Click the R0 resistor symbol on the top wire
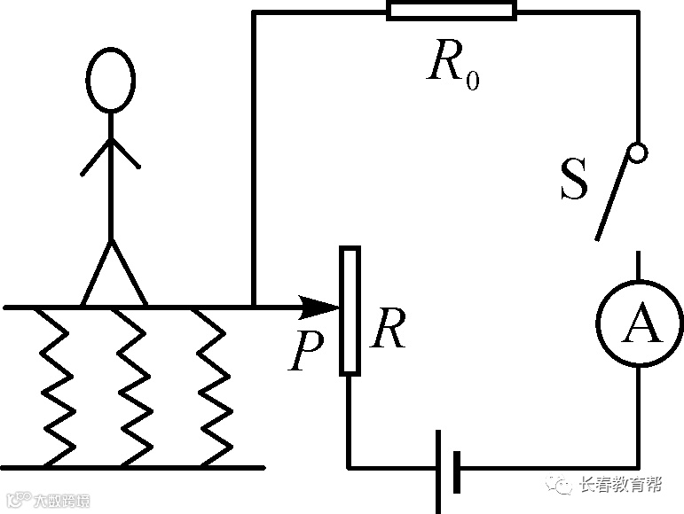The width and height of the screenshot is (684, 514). [452, 12]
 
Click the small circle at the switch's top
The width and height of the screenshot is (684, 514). [637, 152]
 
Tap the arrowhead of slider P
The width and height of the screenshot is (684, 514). [321, 308]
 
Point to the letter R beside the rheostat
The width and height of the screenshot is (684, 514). [389, 331]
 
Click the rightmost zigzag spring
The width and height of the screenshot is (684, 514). [211, 386]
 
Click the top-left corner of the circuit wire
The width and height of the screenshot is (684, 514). [254, 12]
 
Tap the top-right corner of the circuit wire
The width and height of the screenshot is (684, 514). [638, 12]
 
